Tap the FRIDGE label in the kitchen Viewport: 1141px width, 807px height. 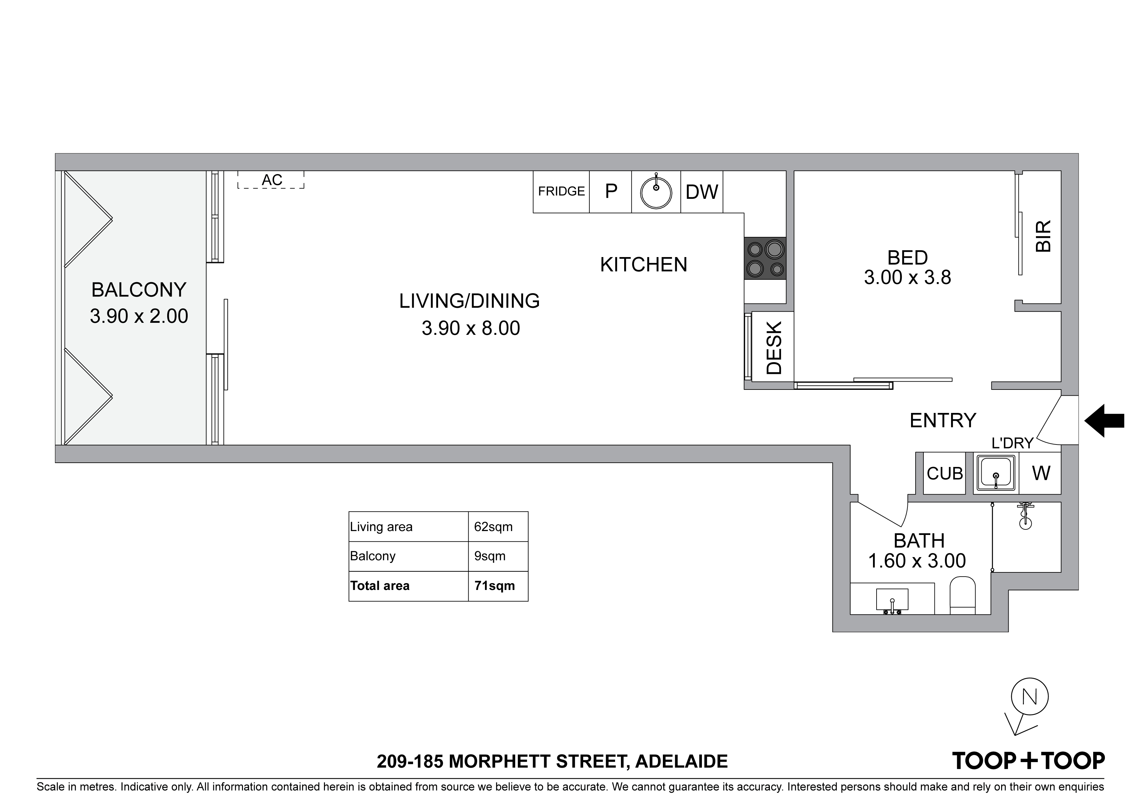pyautogui.click(x=561, y=191)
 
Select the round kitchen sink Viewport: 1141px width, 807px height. pyautogui.click(x=656, y=192)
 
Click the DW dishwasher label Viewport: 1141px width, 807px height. pyautogui.click(x=702, y=192)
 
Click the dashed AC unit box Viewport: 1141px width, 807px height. pyautogui.click(x=271, y=180)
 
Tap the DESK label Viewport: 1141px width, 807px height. pyautogui.click(x=774, y=348)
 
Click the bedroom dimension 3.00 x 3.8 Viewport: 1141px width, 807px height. pyautogui.click(x=907, y=278)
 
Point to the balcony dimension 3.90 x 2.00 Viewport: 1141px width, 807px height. pyautogui.click(x=139, y=316)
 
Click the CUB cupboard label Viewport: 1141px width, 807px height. pyautogui.click(x=945, y=473)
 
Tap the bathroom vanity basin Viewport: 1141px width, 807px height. pyautogui.click(x=892, y=601)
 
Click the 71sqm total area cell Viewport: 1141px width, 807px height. pyautogui.click(x=494, y=586)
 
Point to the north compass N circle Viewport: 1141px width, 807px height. pyautogui.click(x=1030, y=697)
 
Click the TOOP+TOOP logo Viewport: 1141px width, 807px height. pyautogui.click(x=1028, y=761)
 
